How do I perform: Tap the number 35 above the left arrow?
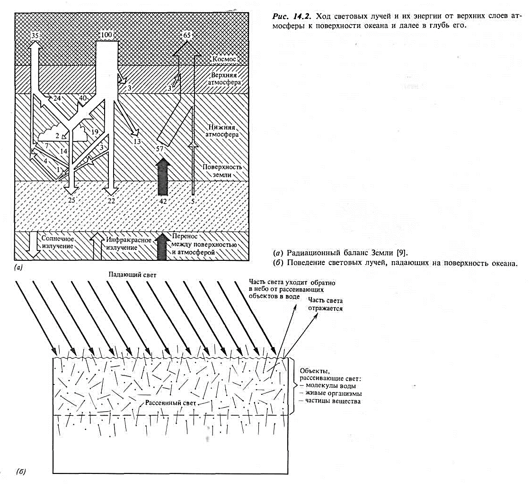pos(35,36)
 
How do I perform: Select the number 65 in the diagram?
pos(188,36)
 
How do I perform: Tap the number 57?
pos(160,149)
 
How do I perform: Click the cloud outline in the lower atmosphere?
pos(66,134)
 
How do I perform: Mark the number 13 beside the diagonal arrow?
pos(137,142)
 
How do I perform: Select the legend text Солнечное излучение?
pos(57,243)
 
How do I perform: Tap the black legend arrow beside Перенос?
pos(163,246)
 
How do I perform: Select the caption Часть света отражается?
pos(325,304)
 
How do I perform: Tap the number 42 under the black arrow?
pos(163,201)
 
